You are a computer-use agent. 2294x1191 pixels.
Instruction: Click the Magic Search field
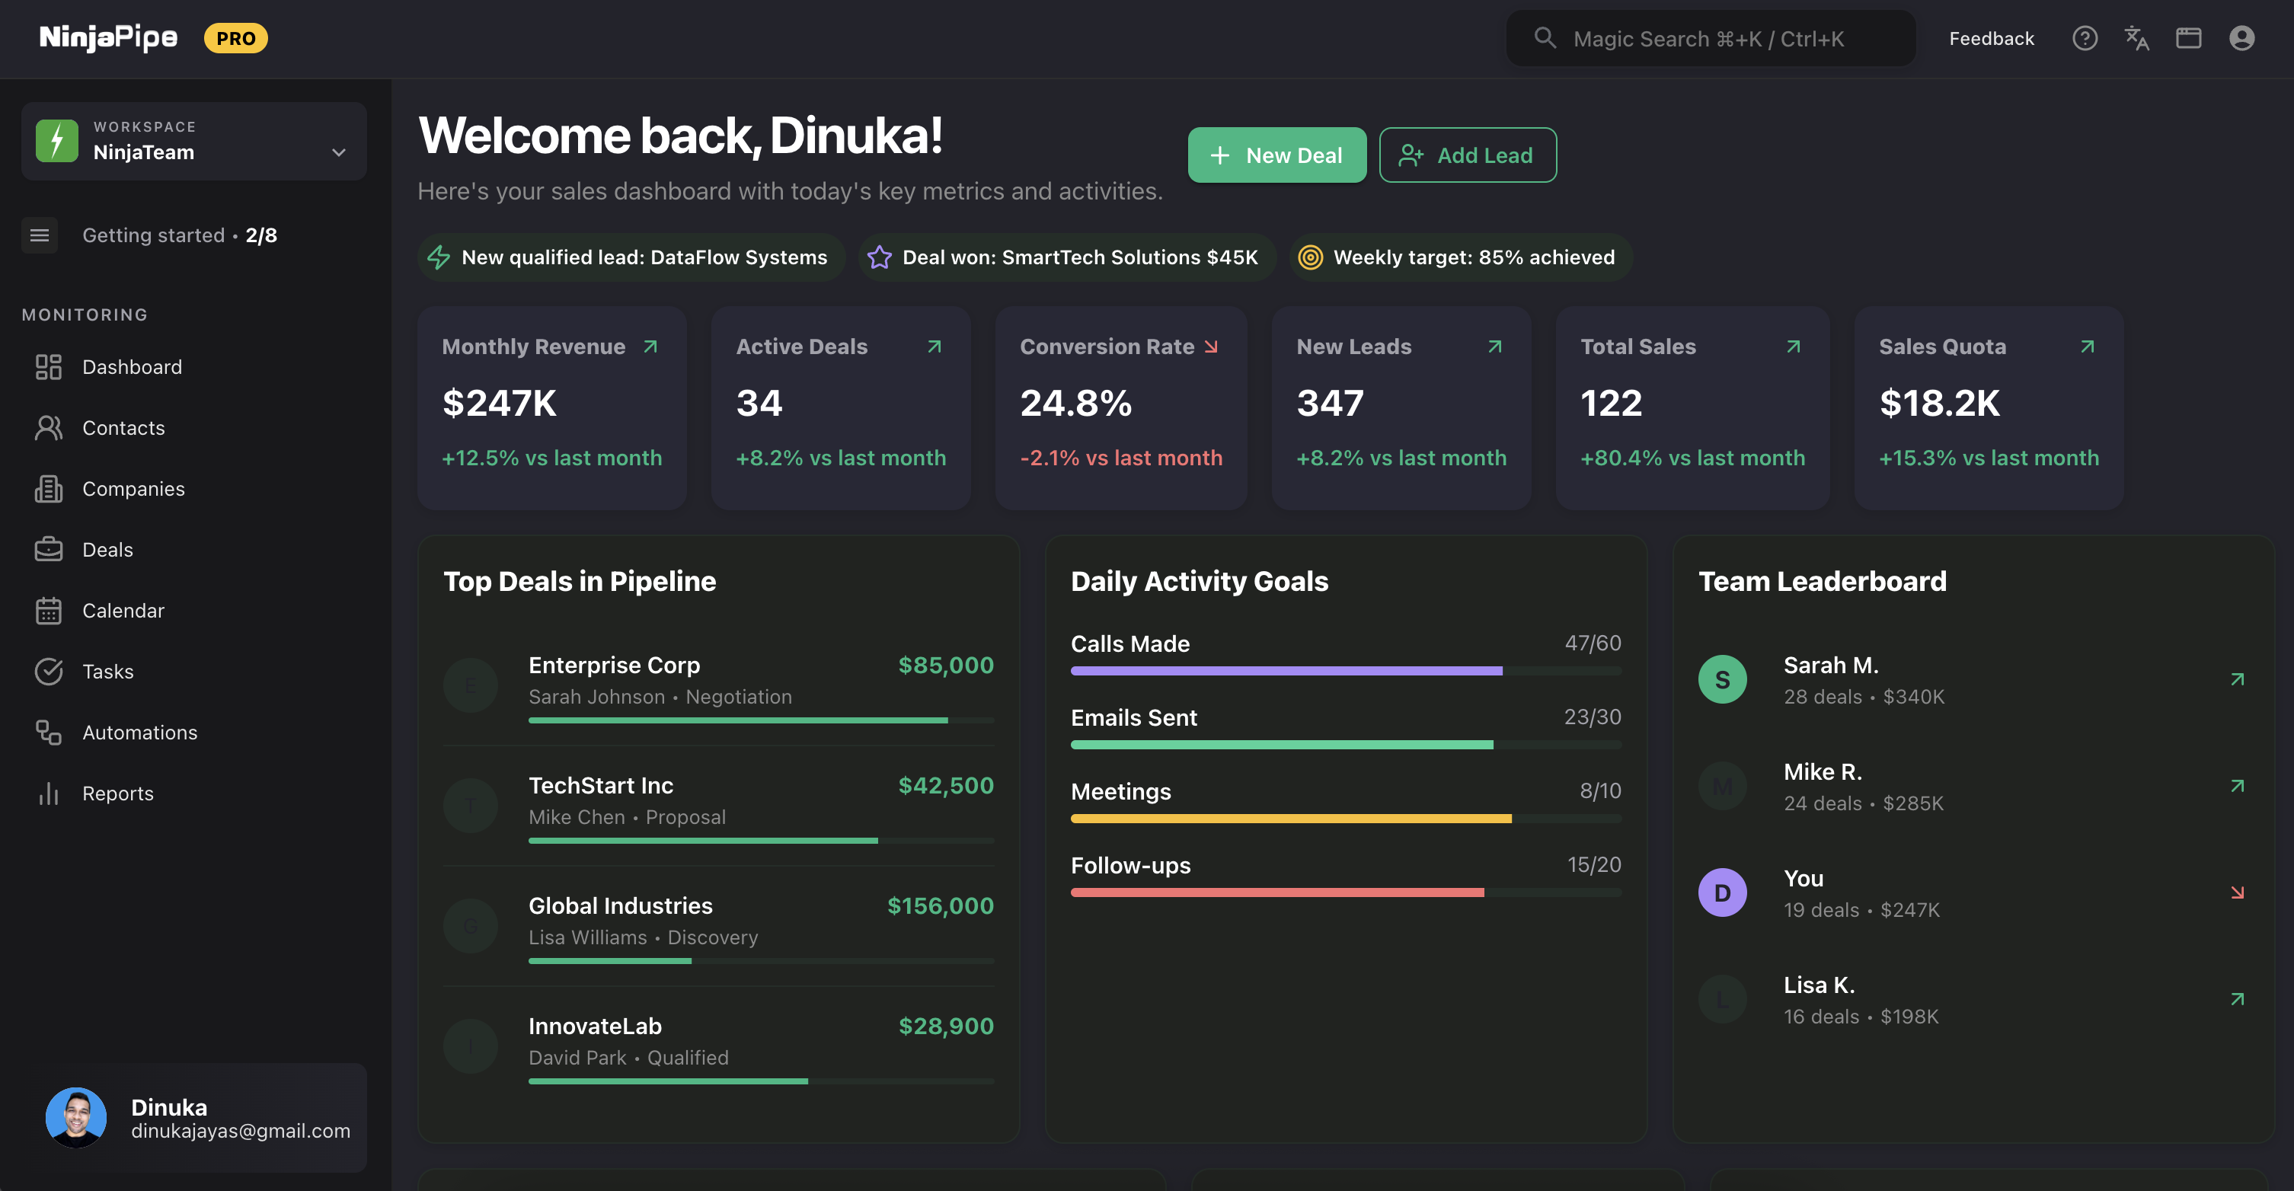(x=1710, y=38)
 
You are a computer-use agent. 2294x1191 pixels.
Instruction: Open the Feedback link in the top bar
(x=1991, y=38)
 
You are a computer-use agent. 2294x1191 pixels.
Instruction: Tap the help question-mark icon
(x=2085, y=38)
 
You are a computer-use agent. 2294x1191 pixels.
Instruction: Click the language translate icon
(x=2136, y=38)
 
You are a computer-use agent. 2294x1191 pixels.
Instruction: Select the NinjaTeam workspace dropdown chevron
(x=338, y=152)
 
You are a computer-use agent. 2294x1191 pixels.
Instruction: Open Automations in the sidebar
(x=140, y=733)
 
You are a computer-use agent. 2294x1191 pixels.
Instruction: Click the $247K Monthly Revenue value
(x=500, y=404)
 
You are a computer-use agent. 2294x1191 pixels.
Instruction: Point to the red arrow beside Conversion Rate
(x=1211, y=346)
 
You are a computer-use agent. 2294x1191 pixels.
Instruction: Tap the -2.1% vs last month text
(x=1121, y=458)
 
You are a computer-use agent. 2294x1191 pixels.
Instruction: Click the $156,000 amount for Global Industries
(x=940, y=906)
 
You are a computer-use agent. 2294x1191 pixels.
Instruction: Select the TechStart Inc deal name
(x=601, y=785)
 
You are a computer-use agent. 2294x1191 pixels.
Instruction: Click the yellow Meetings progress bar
(x=1290, y=819)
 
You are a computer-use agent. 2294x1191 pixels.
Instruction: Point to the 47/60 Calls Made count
(x=1593, y=643)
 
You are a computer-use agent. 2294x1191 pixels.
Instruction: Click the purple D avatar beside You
(x=1722, y=892)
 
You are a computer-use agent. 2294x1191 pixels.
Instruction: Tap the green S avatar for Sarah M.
(x=1722, y=680)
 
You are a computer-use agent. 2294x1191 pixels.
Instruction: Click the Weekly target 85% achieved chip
(x=1461, y=257)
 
